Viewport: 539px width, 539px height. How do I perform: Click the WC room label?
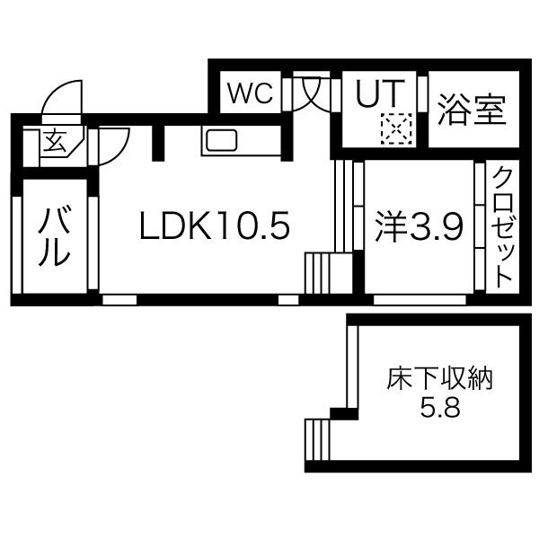coord(251,93)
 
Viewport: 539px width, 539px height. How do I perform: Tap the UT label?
coord(380,93)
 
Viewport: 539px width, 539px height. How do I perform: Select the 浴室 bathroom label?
coord(472,110)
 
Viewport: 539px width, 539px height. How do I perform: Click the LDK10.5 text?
coord(215,225)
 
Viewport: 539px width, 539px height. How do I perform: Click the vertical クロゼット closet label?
coord(502,227)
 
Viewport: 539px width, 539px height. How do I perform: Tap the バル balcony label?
coord(55,235)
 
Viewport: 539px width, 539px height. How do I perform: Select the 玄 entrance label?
coord(55,142)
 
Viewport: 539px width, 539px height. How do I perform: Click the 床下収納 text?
coord(439,379)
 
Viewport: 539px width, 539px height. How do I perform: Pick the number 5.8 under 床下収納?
coord(440,408)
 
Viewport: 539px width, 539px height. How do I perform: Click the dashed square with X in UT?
coord(396,128)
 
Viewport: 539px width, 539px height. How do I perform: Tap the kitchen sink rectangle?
coord(221,140)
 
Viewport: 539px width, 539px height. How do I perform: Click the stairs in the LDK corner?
coord(328,273)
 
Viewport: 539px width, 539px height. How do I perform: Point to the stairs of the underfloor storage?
coord(318,439)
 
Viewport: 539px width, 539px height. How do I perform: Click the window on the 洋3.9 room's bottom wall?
coord(420,300)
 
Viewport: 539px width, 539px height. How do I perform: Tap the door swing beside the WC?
coord(311,93)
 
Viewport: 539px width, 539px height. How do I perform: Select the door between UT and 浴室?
coord(422,93)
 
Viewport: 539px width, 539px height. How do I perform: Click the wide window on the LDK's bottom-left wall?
coord(119,300)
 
